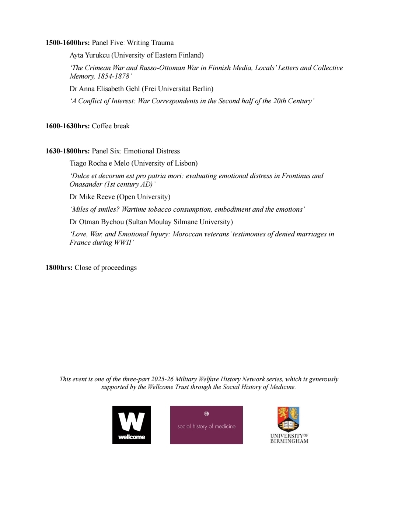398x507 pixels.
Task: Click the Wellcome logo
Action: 132,425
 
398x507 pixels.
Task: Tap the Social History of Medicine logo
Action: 206,425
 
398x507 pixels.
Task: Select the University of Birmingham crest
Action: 289,419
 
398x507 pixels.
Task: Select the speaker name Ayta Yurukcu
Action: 90,55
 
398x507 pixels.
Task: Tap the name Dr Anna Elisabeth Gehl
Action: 105,89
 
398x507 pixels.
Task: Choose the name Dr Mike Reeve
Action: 92,197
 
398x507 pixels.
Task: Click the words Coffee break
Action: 111,126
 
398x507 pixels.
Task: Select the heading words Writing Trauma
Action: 150,43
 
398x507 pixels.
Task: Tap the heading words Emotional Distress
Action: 151,151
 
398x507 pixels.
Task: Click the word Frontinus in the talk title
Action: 296,176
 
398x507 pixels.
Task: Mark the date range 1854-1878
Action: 113,76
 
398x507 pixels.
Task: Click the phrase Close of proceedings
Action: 105,268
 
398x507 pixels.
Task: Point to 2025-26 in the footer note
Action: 162,379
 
